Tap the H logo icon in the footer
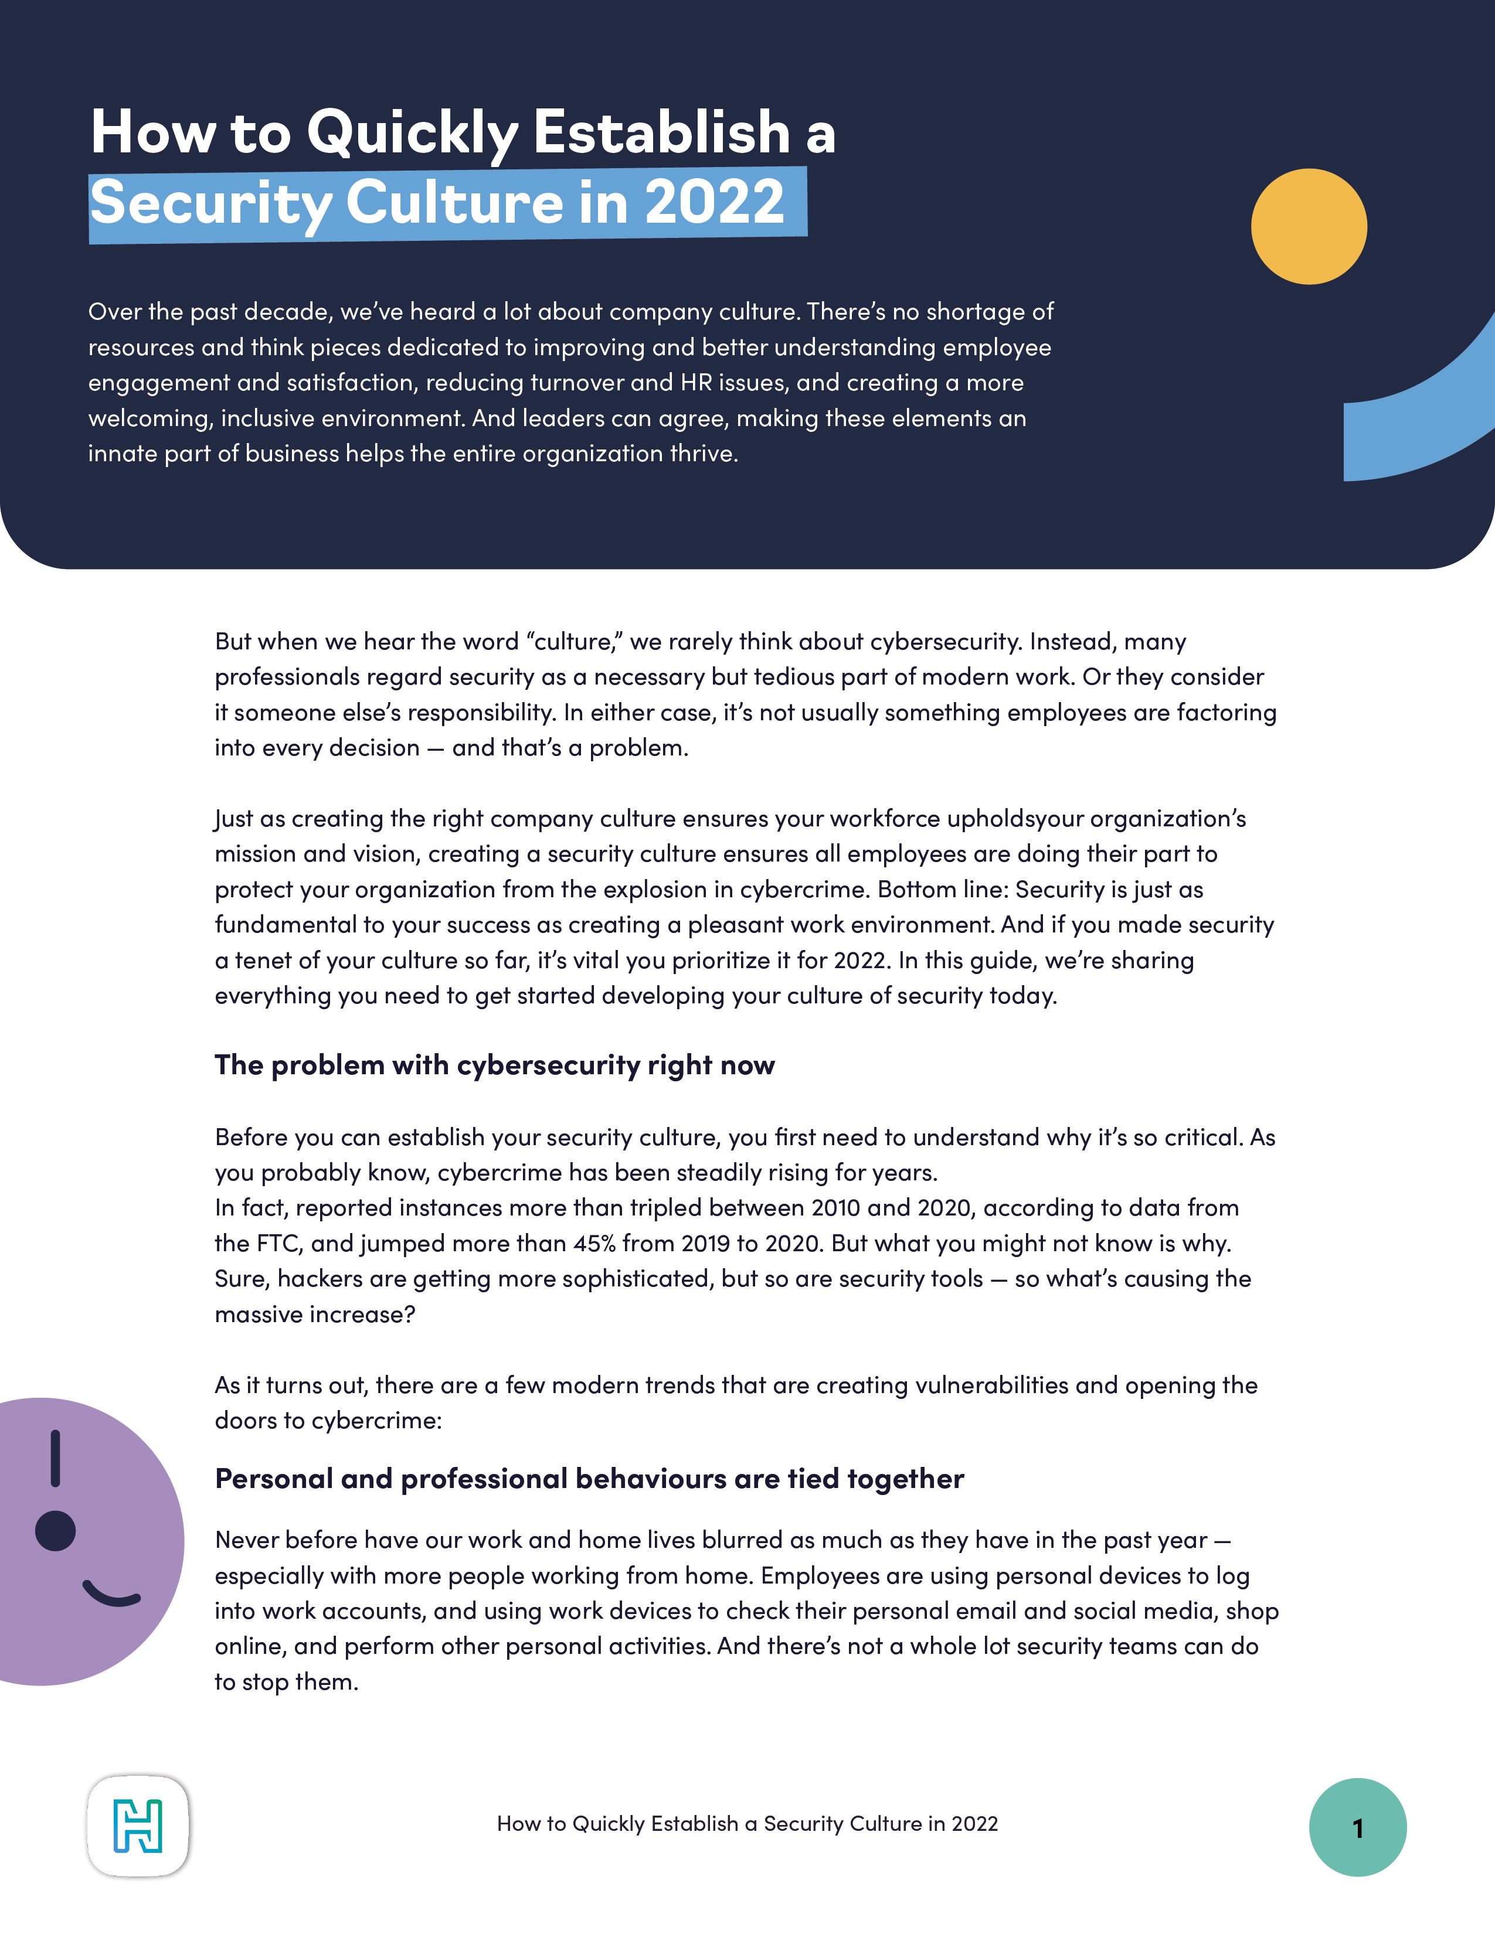click(138, 1826)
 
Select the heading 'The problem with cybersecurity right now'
click(494, 1064)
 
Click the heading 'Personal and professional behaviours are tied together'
click(589, 1478)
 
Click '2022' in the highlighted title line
click(714, 202)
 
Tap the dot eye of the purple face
click(55, 1531)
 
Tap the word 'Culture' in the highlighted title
click(453, 202)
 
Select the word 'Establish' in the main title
click(661, 133)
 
